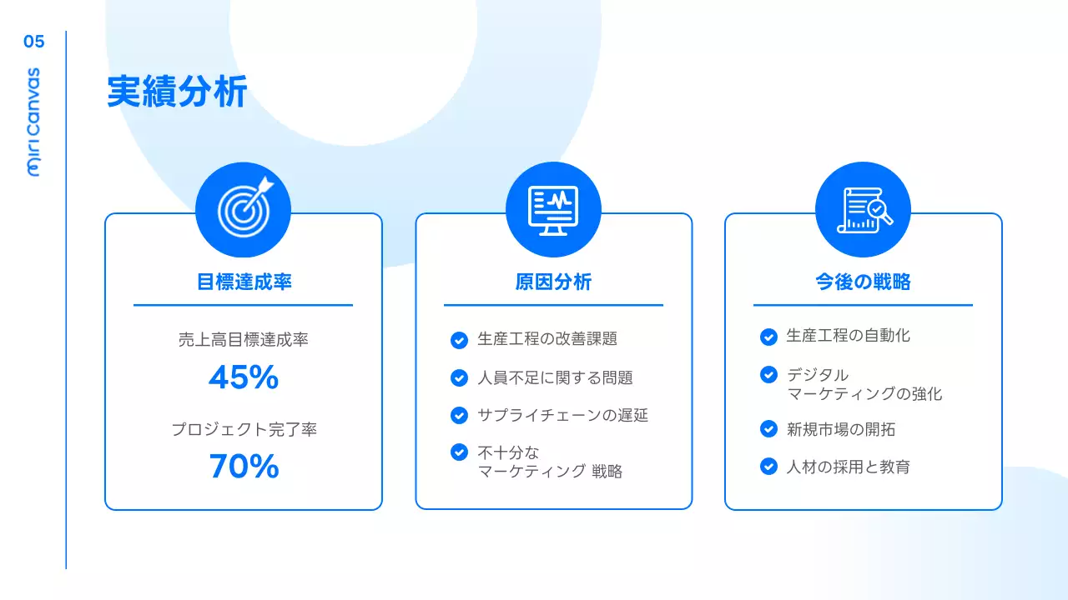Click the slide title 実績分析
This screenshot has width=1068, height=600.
[x=177, y=92]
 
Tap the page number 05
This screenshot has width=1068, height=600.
[x=34, y=42]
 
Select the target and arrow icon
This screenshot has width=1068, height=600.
[x=243, y=209]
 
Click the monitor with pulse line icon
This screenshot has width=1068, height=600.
[x=553, y=209]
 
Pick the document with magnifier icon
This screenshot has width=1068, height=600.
[x=863, y=209]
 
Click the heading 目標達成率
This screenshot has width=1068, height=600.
[x=244, y=282]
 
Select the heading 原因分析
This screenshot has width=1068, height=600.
[x=553, y=282]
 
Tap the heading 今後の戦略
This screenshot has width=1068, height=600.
[x=863, y=282]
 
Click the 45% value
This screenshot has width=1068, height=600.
[x=243, y=378]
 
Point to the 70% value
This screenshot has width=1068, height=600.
[x=244, y=467]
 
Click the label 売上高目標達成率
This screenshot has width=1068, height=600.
[x=244, y=340]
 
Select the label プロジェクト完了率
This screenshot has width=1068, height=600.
[x=244, y=430]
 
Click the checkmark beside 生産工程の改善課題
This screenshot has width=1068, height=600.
[x=459, y=340]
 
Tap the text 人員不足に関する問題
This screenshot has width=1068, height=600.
[x=555, y=377]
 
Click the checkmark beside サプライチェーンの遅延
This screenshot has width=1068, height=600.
[x=459, y=415]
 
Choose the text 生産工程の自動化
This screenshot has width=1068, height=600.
[x=848, y=336]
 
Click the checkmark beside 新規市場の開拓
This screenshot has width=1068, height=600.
[x=769, y=429]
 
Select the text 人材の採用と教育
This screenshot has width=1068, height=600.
[x=848, y=467]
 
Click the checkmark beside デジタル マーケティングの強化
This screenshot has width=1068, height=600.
[x=769, y=375]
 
